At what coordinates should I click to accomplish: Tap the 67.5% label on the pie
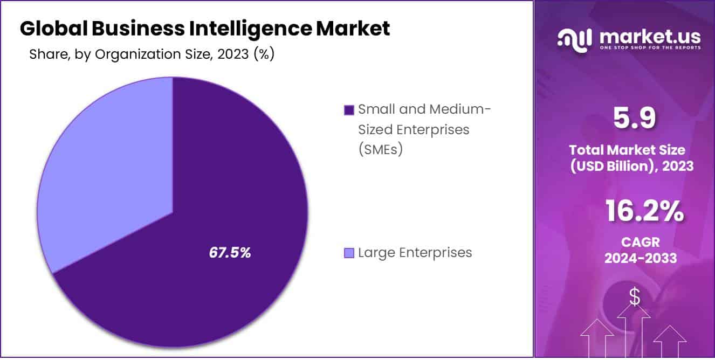pyautogui.click(x=230, y=253)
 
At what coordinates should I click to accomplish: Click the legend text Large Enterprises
pyautogui.click(x=415, y=252)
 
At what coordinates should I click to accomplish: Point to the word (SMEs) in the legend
pyautogui.click(x=381, y=150)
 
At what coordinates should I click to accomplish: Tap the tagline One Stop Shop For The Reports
pyautogui.click(x=650, y=48)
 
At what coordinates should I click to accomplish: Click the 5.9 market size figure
pyautogui.click(x=635, y=119)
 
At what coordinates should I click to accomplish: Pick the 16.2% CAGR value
pyautogui.click(x=644, y=211)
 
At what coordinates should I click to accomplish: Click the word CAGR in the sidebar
pyautogui.click(x=640, y=242)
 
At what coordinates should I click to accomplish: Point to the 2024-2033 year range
pyautogui.click(x=640, y=259)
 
